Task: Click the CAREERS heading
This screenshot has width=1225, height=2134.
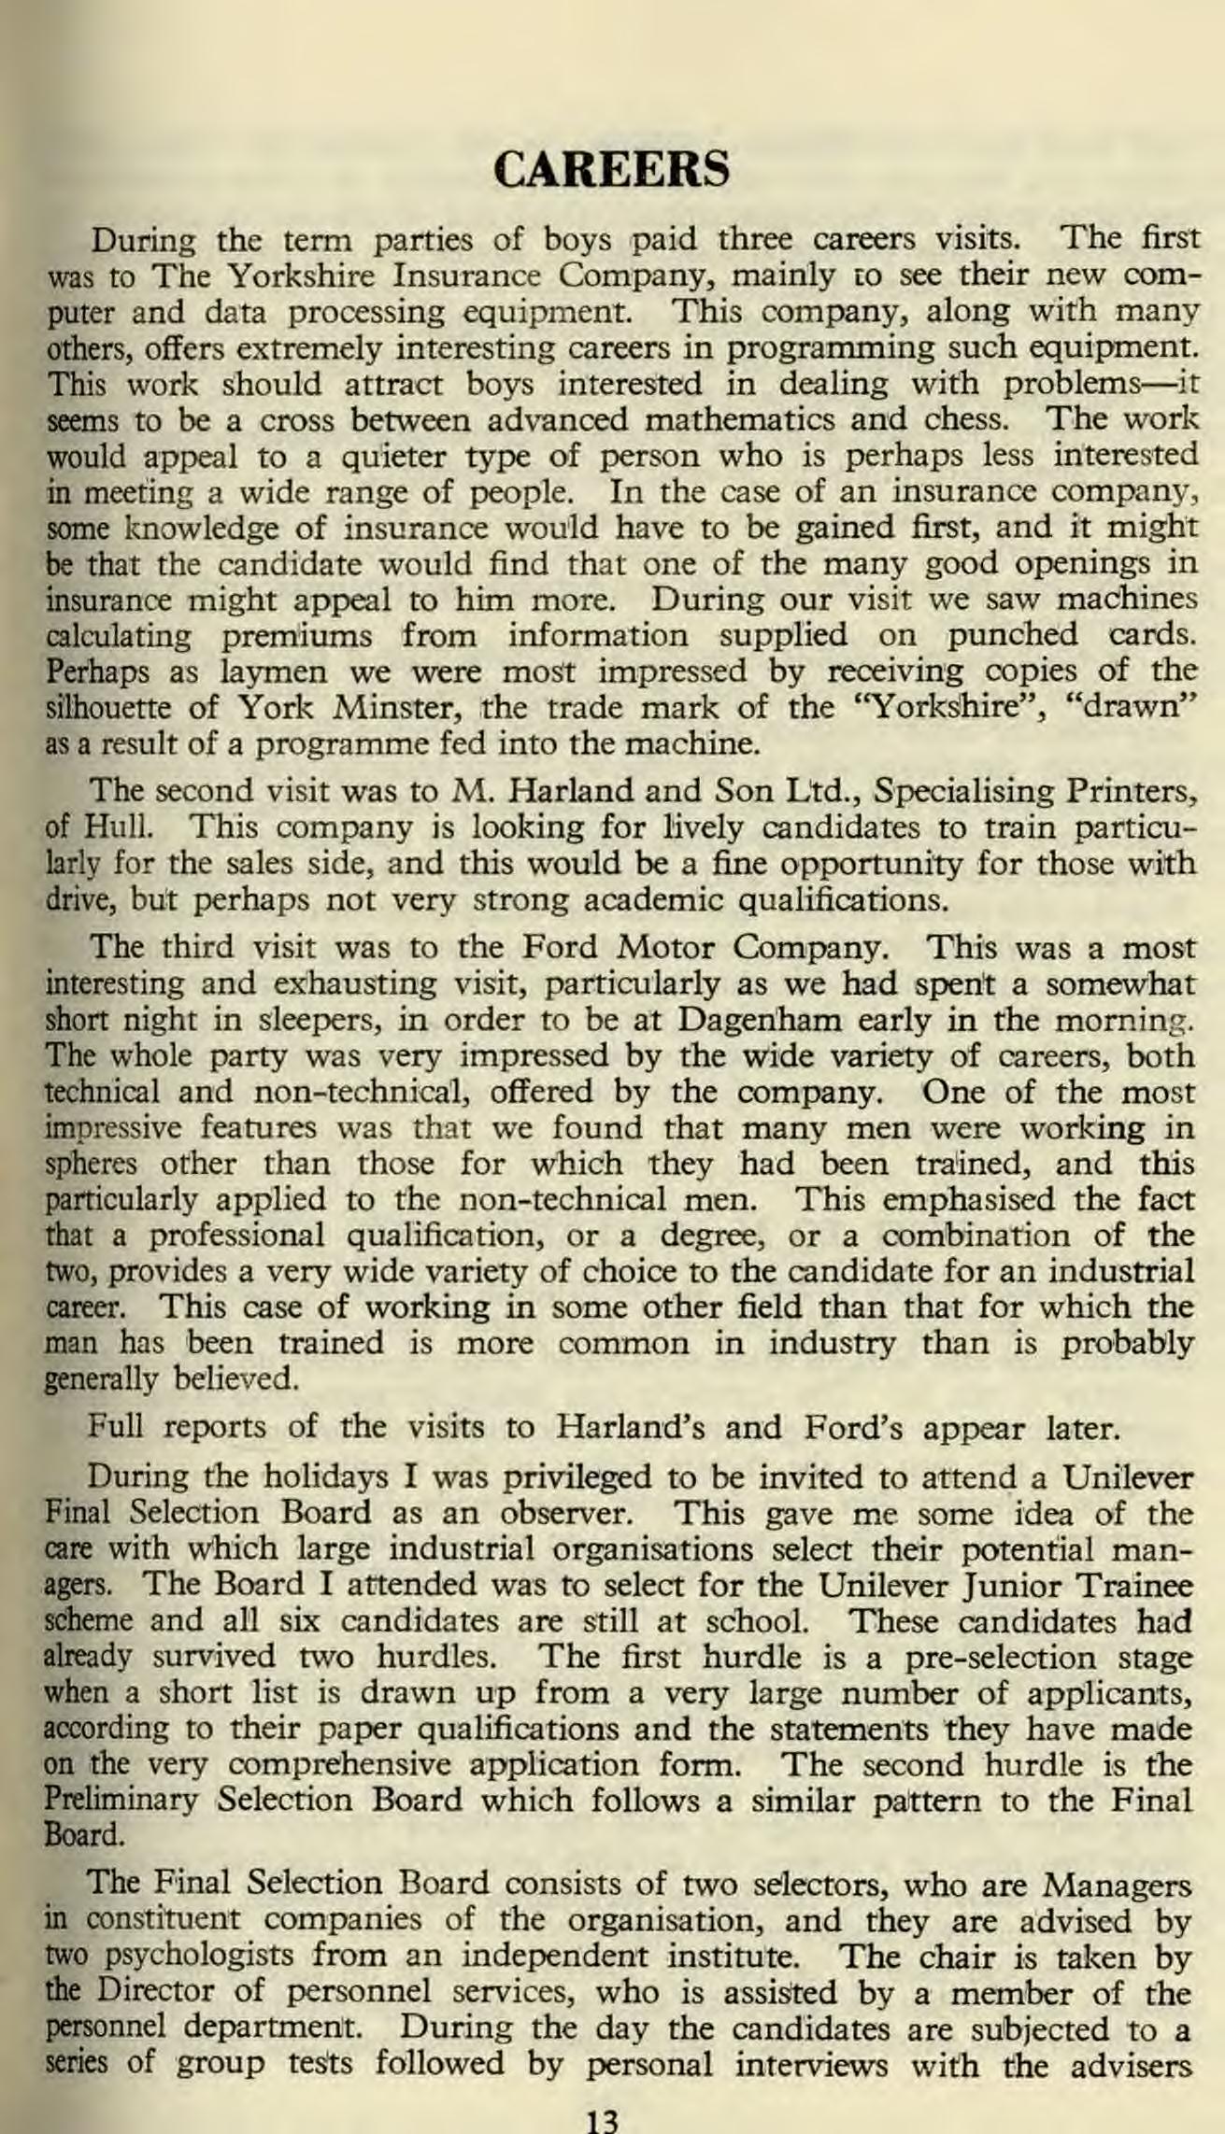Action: point(611,169)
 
